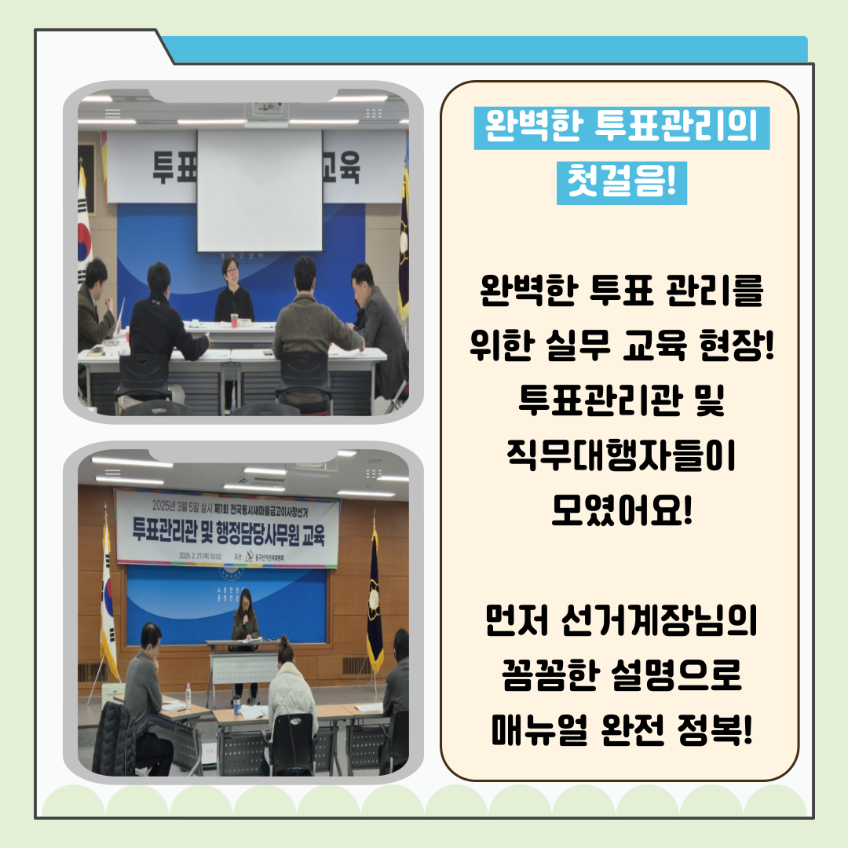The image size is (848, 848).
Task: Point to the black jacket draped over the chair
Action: point(113,738)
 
